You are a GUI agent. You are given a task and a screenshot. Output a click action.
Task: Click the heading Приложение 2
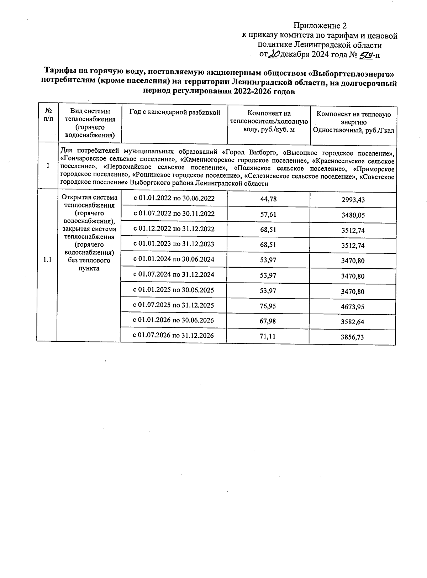[x=320, y=26]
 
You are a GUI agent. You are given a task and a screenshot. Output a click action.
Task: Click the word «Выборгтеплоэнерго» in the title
[x=351, y=73]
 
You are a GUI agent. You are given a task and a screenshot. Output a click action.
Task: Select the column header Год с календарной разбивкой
[x=174, y=112]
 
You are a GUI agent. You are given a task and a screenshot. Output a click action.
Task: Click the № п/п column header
[x=47, y=115]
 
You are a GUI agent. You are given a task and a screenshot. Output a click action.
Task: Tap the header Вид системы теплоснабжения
[x=90, y=123]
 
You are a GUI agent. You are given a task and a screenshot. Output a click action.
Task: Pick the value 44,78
[x=268, y=199]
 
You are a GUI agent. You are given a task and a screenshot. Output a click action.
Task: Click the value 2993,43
[x=353, y=200]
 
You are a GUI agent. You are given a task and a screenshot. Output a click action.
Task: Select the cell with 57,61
[x=268, y=214]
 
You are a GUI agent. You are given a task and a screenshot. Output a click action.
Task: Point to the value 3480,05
[x=353, y=215]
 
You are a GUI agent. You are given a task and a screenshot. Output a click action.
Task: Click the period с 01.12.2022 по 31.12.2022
[x=174, y=229]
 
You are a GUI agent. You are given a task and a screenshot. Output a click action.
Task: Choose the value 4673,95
[x=352, y=307]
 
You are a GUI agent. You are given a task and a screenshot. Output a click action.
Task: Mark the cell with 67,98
[x=268, y=321]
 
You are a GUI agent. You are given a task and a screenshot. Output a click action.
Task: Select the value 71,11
[x=268, y=336]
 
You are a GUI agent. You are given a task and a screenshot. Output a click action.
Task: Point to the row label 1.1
[x=47, y=260]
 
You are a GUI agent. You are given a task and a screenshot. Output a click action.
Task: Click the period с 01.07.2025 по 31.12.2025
[x=173, y=305]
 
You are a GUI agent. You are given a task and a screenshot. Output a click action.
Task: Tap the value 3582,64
[x=352, y=322]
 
